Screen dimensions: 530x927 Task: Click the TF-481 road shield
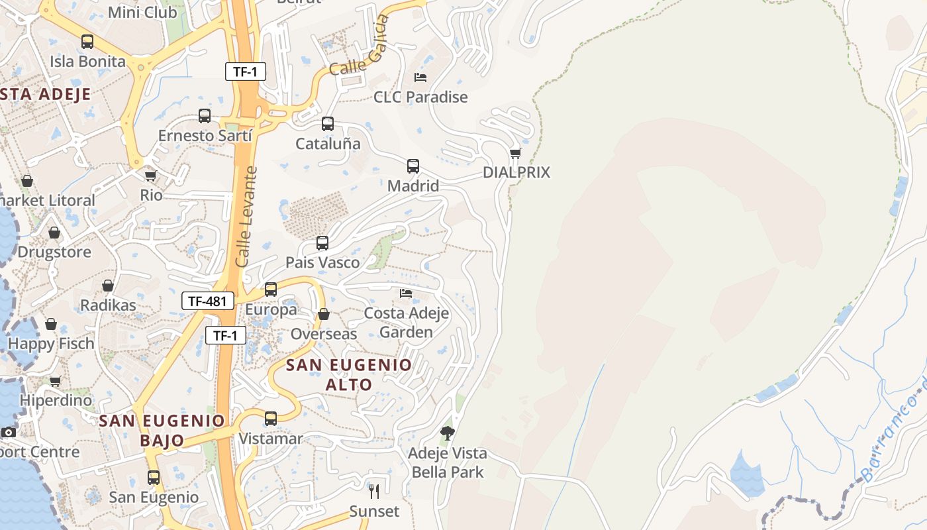tap(208, 301)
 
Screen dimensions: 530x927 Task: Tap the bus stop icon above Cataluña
tap(328, 124)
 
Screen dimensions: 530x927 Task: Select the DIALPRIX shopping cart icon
tap(516, 154)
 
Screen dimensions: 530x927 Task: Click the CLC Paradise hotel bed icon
tap(420, 77)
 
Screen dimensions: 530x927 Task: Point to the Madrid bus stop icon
tap(413, 166)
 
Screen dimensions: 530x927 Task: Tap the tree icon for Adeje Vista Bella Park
tap(448, 434)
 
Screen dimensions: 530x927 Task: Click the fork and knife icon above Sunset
tap(375, 492)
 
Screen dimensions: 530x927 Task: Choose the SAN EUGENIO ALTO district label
tap(349, 374)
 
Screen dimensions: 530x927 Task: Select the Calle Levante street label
tap(246, 217)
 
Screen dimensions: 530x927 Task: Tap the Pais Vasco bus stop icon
tap(322, 243)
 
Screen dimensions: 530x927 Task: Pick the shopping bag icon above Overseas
tap(324, 314)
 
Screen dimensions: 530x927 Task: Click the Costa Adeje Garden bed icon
tap(406, 293)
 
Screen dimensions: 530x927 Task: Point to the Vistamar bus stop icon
tap(271, 419)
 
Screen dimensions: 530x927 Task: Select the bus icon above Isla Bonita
tap(87, 42)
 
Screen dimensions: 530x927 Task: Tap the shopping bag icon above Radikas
tap(108, 286)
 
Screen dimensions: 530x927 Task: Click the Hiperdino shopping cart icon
tap(56, 381)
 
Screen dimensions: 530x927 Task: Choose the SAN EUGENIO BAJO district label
tap(162, 430)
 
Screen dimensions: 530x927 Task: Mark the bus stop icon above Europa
tap(271, 290)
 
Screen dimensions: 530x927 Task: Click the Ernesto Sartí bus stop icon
tap(205, 116)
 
